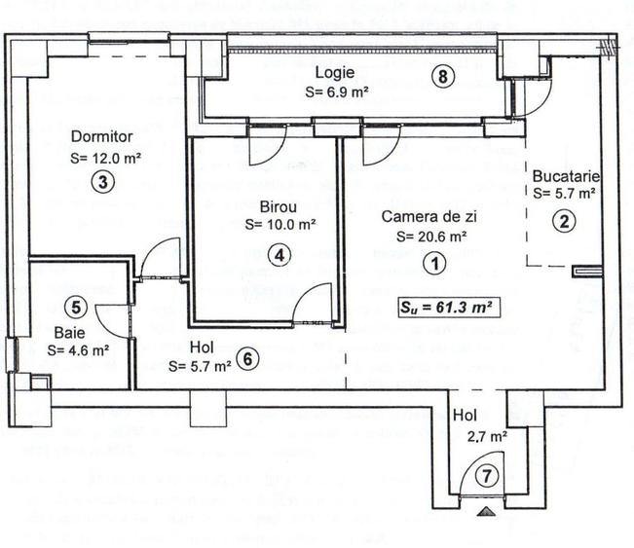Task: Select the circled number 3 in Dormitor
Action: click(100, 180)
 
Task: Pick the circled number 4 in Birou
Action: click(280, 255)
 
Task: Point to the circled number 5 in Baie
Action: click(79, 307)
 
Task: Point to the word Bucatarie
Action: click(565, 176)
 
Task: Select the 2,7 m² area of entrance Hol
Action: click(487, 437)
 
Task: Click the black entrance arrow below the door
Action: click(486, 508)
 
